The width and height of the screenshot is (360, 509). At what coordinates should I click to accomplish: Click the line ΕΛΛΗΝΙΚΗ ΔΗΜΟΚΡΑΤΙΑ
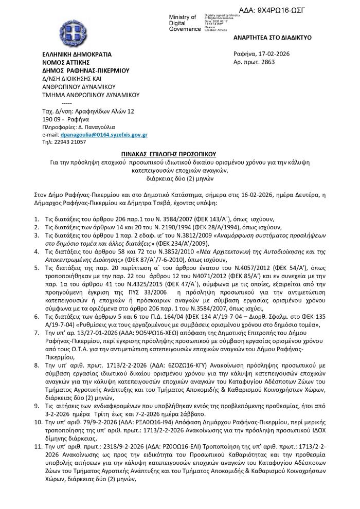[77, 54]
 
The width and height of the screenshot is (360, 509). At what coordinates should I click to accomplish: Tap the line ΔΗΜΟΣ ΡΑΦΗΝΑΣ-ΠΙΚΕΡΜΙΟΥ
[86, 70]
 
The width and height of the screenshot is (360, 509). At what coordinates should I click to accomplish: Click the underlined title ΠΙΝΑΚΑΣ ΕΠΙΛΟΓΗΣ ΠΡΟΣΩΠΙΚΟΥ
[180, 154]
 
